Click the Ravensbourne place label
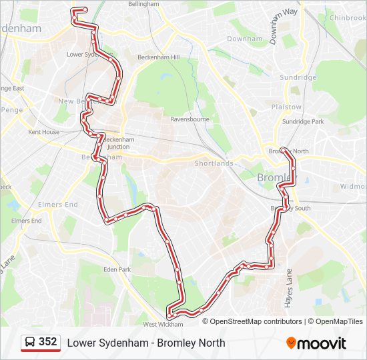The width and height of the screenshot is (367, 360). tap(190, 119)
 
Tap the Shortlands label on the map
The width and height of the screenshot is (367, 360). tap(214, 163)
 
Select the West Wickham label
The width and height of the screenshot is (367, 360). tap(163, 324)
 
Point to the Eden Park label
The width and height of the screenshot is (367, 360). tap(117, 269)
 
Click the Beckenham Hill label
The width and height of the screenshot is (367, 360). tap(159, 57)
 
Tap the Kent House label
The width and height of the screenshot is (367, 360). tap(43, 132)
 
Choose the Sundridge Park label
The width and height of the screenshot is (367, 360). tap(302, 122)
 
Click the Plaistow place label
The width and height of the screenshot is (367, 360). tap(286, 107)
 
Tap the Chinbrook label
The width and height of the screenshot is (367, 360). tap(347, 18)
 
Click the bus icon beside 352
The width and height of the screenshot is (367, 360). tap(31, 343)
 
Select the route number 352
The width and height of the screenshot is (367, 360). tap(48, 342)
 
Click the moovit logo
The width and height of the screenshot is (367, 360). tap(316, 343)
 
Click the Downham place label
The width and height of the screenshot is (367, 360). tap(244, 39)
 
